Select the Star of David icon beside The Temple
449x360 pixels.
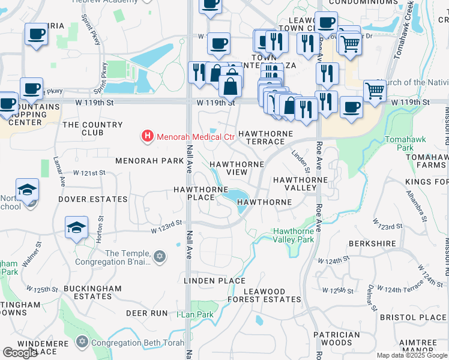point(159,257)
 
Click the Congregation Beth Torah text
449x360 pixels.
point(129,343)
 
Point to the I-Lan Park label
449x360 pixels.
point(195,314)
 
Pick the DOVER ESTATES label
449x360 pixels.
point(93,199)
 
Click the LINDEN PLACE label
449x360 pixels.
point(215,281)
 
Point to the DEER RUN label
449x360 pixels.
point(146,313)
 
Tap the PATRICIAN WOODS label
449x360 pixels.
point(340,338)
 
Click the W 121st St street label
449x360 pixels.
point(89,173)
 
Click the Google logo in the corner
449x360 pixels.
point(20,353)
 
